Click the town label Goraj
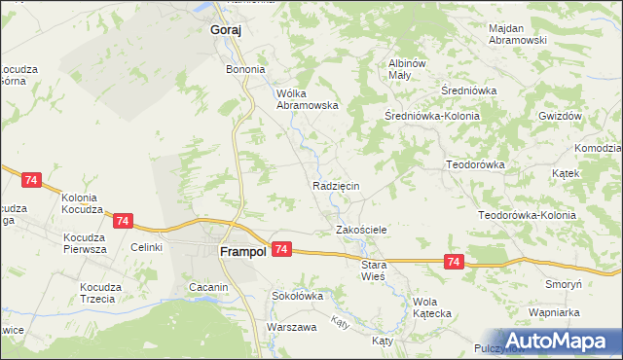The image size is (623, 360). (225, 30)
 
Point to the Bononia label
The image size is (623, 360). (245, 70)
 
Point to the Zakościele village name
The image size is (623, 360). (362, 230)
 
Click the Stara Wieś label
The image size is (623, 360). (374, 270)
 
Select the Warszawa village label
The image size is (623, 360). (292, 327)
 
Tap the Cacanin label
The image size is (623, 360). (208, 287)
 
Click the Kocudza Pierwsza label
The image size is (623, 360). (85, 243)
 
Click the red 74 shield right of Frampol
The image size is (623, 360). (280, 250)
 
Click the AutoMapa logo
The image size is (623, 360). (563, 340)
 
